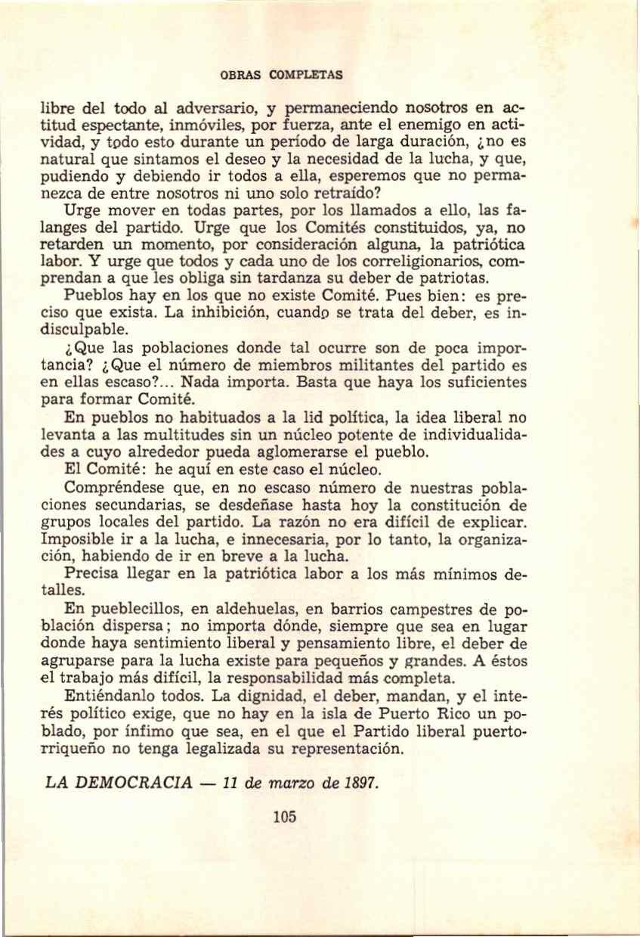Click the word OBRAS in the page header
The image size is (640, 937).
(x=236, y=75)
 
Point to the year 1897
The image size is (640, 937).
(x=360, y=780)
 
